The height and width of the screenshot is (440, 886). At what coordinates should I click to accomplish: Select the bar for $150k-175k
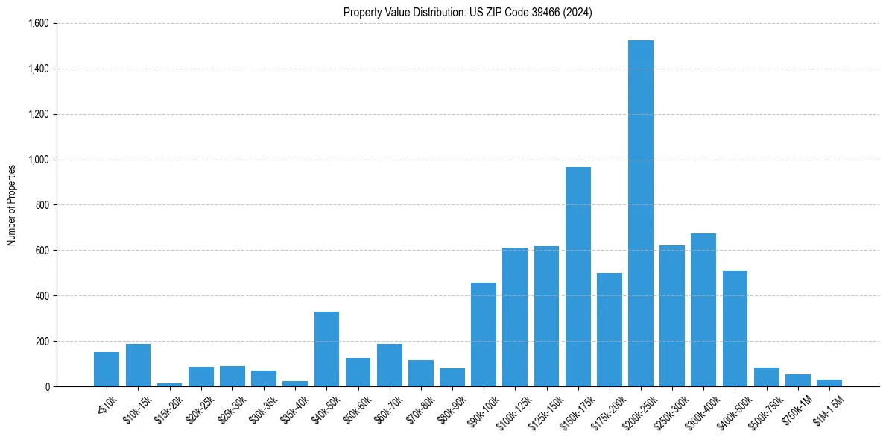578,277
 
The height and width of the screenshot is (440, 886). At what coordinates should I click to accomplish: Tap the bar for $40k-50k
326,349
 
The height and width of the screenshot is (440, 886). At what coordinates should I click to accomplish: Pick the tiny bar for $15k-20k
169,385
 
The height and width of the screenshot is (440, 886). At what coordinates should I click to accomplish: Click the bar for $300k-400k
703,310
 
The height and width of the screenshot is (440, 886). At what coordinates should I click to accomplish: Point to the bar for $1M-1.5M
829,383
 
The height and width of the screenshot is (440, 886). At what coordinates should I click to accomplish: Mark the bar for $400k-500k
735,329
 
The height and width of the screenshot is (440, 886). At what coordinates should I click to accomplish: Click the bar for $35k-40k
295,383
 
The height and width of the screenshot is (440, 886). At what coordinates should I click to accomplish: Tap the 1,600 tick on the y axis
38,24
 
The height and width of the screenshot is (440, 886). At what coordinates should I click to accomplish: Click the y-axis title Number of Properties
12,205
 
